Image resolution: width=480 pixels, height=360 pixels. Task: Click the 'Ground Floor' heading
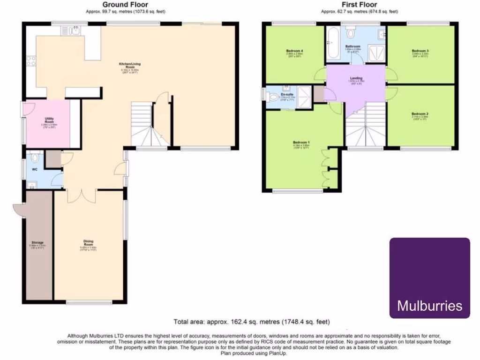click(126, 5)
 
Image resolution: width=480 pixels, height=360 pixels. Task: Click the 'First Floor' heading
click(359, 5)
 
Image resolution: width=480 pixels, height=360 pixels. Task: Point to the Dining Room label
click(88, 243)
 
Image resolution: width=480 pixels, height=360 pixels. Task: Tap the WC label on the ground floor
click(35, 169)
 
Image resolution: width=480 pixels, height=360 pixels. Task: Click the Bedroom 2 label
click(420, 114)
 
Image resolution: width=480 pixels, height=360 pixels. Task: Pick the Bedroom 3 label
click(420, 51)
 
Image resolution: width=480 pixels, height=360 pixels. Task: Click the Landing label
click(356, 78)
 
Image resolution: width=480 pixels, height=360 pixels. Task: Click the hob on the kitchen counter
click(31, 60)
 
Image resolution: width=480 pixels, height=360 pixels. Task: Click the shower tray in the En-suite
click(304, 96)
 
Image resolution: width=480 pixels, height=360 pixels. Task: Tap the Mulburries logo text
click(430, 306)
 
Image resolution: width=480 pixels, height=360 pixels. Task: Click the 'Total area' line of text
click(252, 322)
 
